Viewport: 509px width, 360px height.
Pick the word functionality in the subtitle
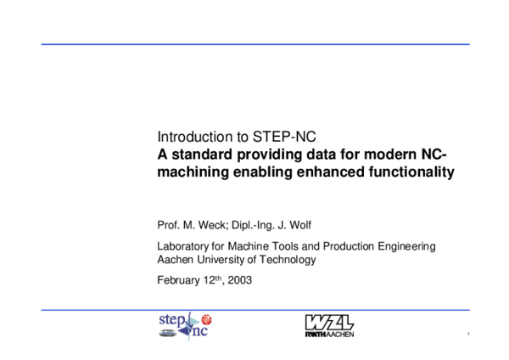tap(411, 172)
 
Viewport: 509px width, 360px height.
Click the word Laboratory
tap(184, 246)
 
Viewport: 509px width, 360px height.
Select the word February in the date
tap(181, 279)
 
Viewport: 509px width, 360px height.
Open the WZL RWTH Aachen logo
tap(328, 325)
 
